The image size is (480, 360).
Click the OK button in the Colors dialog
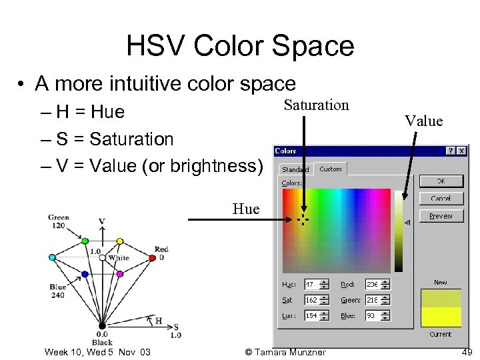point(441,181)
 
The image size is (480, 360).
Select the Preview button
point(441,216)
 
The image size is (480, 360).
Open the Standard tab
point(295,169)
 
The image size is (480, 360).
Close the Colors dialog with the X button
point(462,151)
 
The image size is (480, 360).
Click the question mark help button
point(451,151)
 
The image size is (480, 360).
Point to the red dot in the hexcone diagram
point(151,257)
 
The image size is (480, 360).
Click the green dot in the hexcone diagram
point(85,241)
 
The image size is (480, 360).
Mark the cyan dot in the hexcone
point(52,257)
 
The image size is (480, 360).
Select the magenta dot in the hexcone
point(119,273)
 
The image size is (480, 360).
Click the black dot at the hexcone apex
point(102,325)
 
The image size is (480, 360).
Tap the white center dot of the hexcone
point(102,257)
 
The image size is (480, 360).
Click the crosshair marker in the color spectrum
point(303,219)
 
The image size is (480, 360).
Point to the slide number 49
point(466,351)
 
